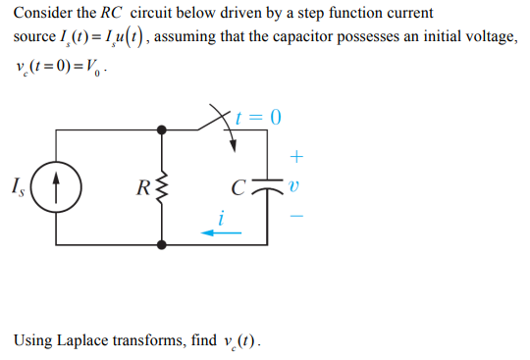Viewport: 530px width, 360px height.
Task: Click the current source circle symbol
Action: pyautogui.click(x=56, y=185)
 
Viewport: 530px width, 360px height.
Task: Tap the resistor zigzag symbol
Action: pyautogui.click(x=162, y=185)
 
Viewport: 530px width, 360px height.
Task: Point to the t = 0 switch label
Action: pyautogui.click(x=259, y=119)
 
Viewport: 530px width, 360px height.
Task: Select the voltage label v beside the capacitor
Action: pyautogui.click(x=298, y=183)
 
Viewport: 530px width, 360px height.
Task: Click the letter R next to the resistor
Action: pyautogui.click(x=142, y=184)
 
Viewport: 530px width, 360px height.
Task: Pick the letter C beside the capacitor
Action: pyautogui.click(x=237, y=184)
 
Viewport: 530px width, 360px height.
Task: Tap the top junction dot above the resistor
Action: pyautogui.click(x=162, y=129)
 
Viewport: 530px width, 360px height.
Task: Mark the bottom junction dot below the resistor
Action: pyautogui.click(x=162, y=241)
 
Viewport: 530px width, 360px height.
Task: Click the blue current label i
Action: pyautogui.click(x=223, y=218)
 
